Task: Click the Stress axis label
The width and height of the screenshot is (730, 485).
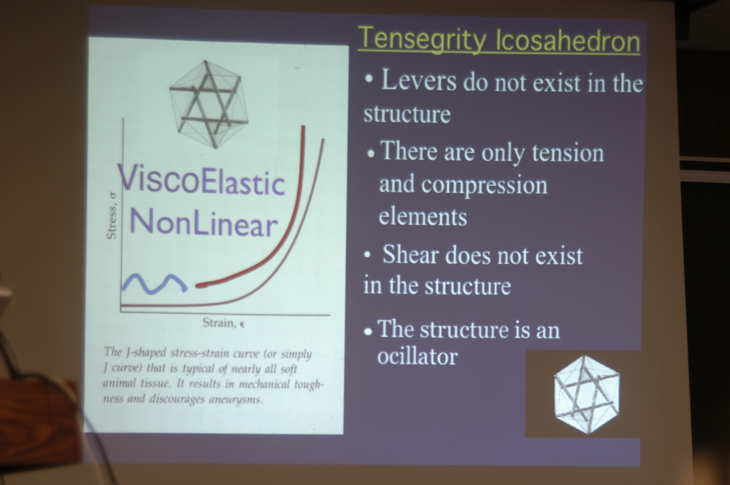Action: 112,216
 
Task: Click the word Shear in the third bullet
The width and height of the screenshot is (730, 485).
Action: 411,255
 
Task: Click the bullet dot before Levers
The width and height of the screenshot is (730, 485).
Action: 369,78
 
